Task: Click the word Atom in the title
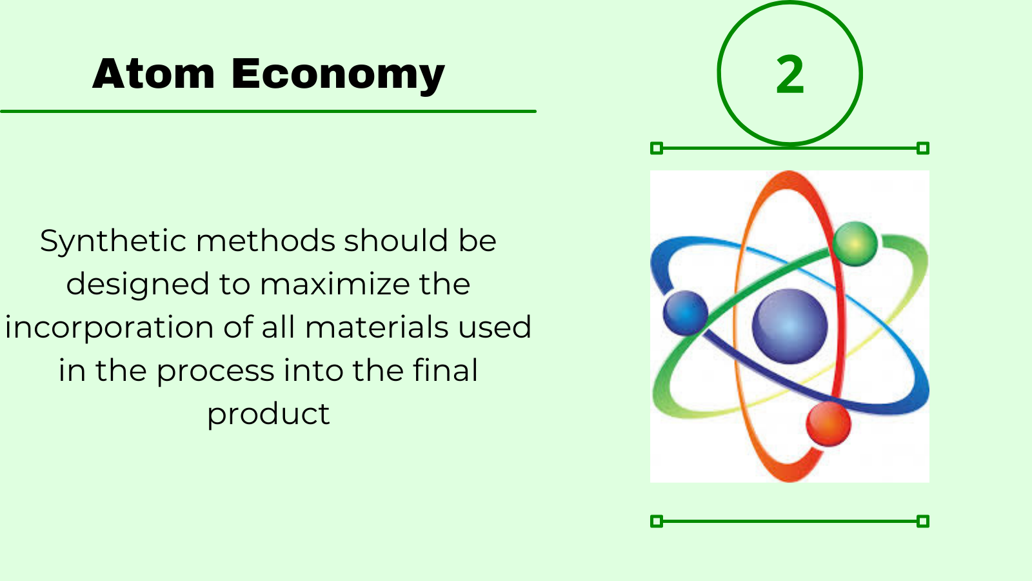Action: [154, 74]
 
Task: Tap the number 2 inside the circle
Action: [789, 74]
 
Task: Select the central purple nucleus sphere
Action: [789, 326]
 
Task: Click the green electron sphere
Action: [855, 244]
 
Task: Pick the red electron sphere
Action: [828, 423]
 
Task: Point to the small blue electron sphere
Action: [686, 312]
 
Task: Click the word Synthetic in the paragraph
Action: [113, 242]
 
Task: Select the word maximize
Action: [335, 284]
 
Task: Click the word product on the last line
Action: [268, 414]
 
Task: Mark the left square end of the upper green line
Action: [657, 148]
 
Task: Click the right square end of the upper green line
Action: [923, 148]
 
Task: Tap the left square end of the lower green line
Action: [657, 522]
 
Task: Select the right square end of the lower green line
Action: [923, 522]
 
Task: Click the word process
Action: [215, 372]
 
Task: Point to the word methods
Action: [266, 241]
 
